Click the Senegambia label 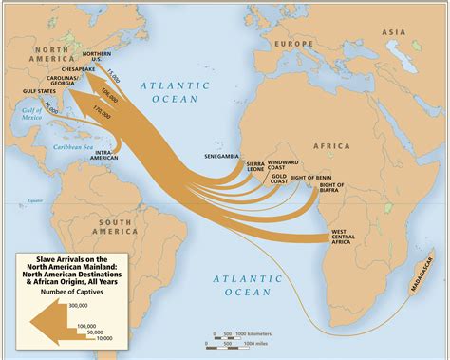click(221, 155)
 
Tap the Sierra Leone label click(255, 168)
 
